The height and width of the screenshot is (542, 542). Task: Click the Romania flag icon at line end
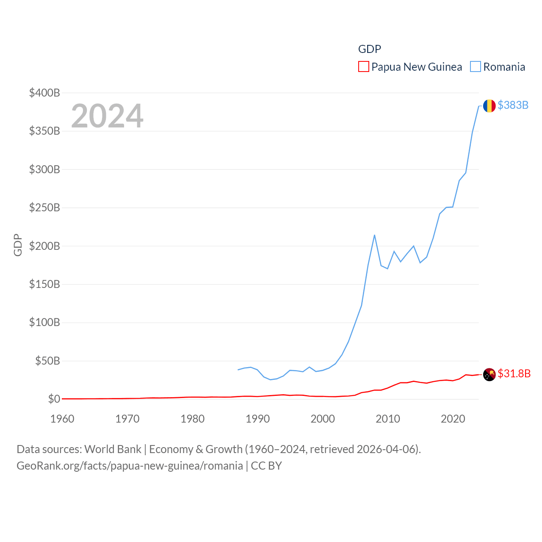click(489, 106)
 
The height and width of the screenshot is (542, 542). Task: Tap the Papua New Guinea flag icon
click(489, 374)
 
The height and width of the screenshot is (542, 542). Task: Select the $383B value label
click(513, 105)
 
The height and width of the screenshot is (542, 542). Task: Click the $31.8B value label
click(514, 373)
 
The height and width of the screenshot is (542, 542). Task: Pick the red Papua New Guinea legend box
click(363, 67)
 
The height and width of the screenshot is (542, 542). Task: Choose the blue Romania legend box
click(476, 67)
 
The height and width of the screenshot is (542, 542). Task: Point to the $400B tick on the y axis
click(44, 93)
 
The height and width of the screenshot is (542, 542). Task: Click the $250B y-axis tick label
click(44, 207)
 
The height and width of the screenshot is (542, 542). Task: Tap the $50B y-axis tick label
click(47, 361)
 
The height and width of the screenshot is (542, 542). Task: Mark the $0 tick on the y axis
click(54, 399)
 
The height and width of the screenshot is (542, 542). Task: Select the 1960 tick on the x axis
click(62, 419)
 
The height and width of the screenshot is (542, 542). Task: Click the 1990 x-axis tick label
click(257, 419)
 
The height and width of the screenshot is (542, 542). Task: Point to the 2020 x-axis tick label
click(453, 419)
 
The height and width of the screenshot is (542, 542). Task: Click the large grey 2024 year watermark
click(107, 116)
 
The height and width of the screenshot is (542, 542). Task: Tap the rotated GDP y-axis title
click(18, 245)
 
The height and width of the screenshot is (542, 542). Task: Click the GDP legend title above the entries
click(369, 49)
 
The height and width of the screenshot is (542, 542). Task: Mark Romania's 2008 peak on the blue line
click(375, 235)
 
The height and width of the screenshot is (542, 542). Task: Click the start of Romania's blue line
click(238, 370)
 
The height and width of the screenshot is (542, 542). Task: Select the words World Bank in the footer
click(113, 449)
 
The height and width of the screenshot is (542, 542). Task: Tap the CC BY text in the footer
click(266, 466)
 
